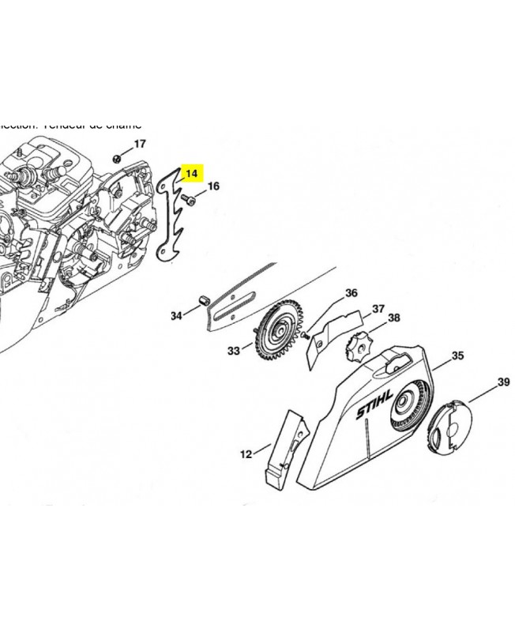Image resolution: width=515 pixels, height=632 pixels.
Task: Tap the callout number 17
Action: pos(140,144)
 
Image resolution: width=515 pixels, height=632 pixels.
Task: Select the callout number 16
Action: pos(213,187)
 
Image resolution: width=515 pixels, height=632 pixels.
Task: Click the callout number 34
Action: pos(176,316)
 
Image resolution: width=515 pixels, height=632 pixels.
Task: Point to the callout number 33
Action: pos(233,350)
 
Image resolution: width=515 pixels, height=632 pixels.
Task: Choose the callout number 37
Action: pos(378,308)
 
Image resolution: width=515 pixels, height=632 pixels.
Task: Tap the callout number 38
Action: pos(393,318)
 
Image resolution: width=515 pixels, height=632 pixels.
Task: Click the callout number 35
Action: pos(457,356)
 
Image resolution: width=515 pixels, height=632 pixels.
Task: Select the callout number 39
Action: pos(503,382)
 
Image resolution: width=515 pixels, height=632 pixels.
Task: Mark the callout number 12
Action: pos(246,453)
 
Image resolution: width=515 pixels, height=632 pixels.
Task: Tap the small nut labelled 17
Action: pos(117,157)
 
